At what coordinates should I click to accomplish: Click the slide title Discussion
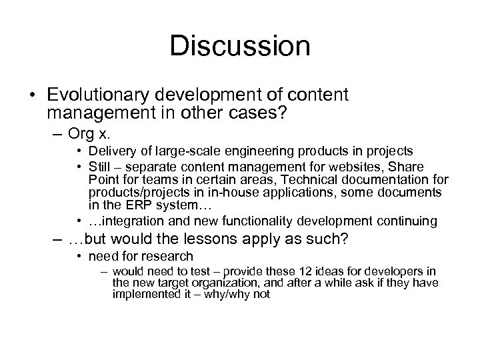pyautogui.click(x=239, y=47)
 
